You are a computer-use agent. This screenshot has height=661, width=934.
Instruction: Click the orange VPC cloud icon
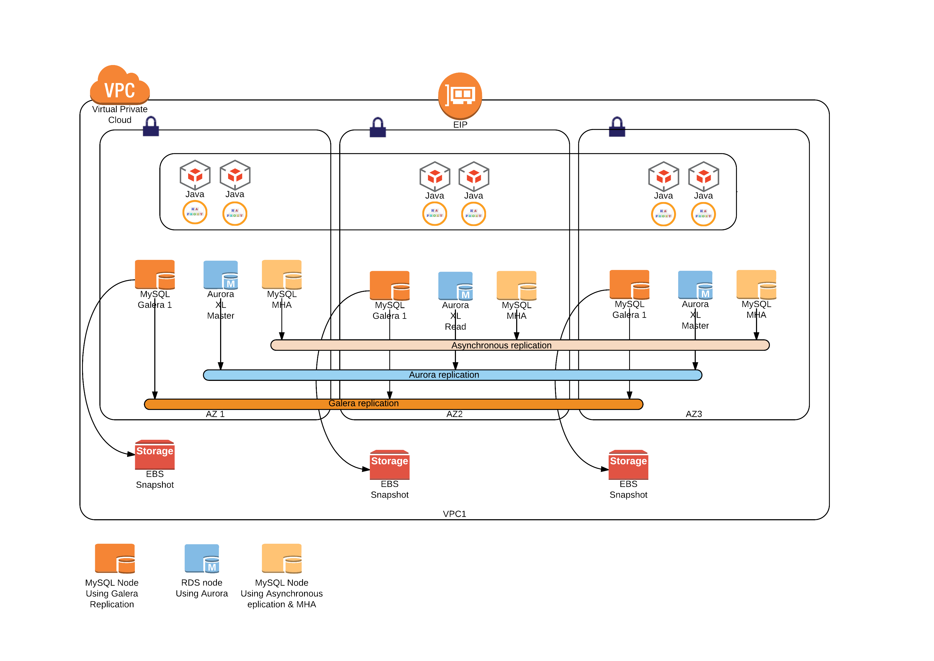click(120, 86)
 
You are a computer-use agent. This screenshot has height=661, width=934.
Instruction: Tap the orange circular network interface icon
click(460, 96)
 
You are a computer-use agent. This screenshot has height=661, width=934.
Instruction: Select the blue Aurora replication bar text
click(444, 375)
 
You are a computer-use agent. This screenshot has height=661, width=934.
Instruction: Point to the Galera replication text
click(363, 403)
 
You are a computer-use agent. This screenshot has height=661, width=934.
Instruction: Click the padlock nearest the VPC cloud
click(151, 127)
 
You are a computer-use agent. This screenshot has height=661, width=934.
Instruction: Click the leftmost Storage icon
click(155, 455)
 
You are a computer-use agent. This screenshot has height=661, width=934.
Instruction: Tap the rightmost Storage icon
click(628, 465)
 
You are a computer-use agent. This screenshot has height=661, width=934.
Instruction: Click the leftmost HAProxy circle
click(195, 212)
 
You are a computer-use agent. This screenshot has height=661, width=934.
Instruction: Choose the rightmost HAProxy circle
click(703, 214)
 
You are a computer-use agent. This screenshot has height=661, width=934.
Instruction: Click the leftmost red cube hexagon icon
click(195, 175)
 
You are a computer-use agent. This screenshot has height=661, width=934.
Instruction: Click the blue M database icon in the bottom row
click(202, 558)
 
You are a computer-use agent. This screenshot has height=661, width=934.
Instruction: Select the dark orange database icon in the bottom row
click(115, 558)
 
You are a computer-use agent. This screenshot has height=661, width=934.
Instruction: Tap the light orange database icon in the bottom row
click(282, 558)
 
